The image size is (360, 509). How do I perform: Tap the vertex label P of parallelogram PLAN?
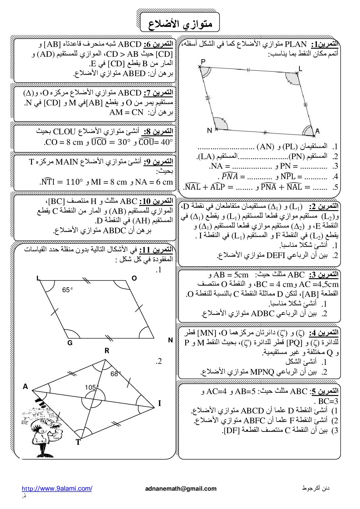pos(203,62)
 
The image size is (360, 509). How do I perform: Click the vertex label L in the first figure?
pos(300,69)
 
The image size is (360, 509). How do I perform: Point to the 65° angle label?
pos(68,290)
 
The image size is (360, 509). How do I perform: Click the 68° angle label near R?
pos(116,374)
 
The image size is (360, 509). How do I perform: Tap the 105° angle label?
pos(92,387)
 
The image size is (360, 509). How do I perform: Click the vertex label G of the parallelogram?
pos(70,343)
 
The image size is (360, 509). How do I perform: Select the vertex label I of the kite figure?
pos(159,404)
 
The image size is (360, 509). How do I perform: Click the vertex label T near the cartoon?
pos(78,442)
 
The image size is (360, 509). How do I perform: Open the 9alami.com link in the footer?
pos(57,489)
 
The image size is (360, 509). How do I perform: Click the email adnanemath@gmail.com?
pos(181,489)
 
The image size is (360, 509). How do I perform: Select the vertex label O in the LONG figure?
pos(134,278)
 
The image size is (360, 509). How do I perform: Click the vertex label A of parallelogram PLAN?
pos(317,131)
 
